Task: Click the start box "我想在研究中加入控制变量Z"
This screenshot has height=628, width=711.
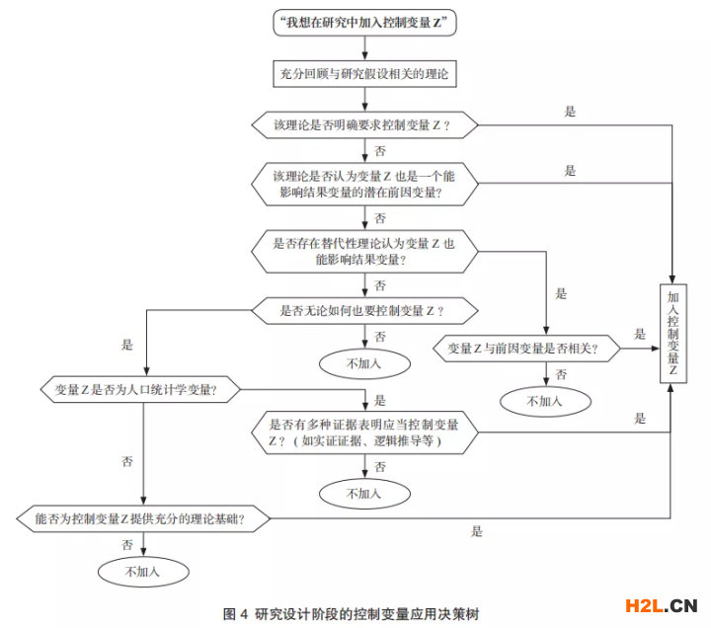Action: pyautogui.click(x=364, y=22)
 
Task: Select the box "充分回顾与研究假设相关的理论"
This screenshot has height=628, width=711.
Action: pyautogui.click(x=364, y=73)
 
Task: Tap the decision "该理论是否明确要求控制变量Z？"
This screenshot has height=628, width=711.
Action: pyautogui.click(x=364, y=124)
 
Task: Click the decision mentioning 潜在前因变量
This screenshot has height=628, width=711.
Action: pyautogui.click(x=364, y=185)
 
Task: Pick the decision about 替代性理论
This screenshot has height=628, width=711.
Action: pyautogui.click(x=364, y=251)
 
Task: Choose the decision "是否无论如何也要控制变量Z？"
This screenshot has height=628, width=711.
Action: pyautogui.click(x=364, y=311)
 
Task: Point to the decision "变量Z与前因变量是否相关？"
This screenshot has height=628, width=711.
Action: pyautogui.click(x=529, y=348)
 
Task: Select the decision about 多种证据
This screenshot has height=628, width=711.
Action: pyautogui.click(x=364, y=432)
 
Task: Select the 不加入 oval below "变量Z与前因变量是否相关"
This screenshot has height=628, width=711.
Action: pyautogui.click(x=544, y=401)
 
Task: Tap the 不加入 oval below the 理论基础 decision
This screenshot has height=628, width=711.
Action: pyautogui.click(x=142, y=570)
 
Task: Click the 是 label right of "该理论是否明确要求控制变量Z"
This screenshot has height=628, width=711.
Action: pyautogui.click(x=570, y=112)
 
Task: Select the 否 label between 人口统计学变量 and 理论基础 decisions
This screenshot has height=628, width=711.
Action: pyautogui.click(x=127, y=462)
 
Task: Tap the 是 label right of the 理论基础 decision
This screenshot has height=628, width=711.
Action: pyautogui.click(x=477, y=531)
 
